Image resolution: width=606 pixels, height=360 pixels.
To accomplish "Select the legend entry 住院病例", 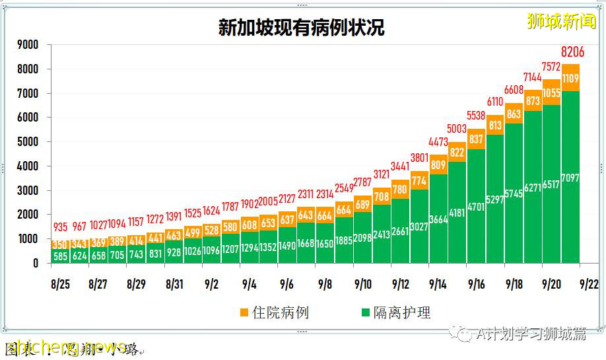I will point(273,312).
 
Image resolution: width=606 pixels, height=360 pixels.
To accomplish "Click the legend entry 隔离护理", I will point(394,312).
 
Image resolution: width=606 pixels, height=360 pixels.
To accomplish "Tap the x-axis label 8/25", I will point(60,284).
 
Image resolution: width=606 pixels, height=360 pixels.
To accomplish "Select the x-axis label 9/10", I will point(362,284).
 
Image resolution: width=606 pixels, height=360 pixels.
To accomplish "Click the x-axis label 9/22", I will point(589,284).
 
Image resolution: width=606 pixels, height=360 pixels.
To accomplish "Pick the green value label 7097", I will point(571,178).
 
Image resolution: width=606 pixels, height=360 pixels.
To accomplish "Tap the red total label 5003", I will point(457,129).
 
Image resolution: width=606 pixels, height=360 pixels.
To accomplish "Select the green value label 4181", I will point(457,213).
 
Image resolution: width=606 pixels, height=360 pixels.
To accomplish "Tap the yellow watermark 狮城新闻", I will point(562,21).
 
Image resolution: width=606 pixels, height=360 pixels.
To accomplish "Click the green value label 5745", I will point(514,194).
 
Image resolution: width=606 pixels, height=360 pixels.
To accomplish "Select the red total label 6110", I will point(495,102).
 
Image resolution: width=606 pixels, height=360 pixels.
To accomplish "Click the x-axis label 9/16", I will point(476,284).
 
